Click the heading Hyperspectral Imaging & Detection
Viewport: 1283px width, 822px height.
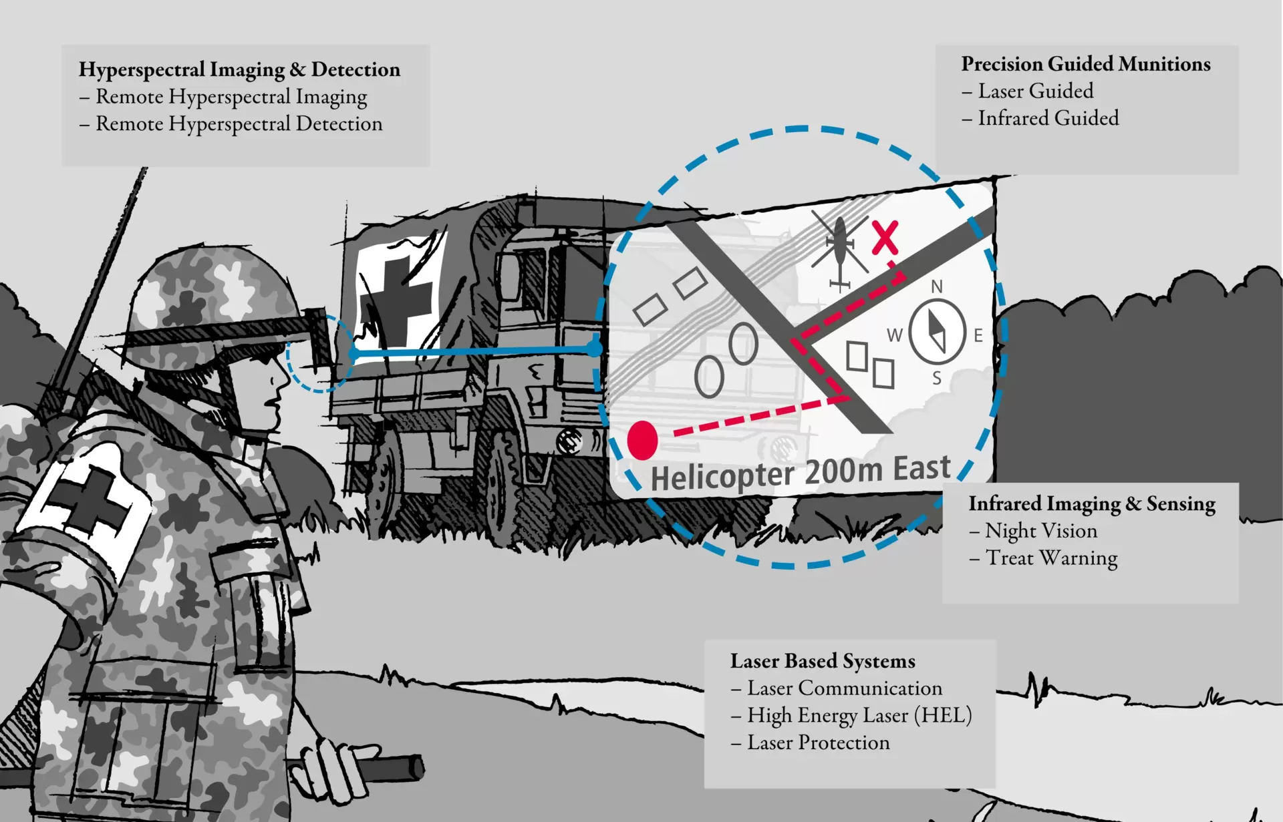click(239, 69)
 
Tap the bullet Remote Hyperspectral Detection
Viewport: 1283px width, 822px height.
click(239, 124)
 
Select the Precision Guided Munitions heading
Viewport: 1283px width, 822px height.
click(1085, 64)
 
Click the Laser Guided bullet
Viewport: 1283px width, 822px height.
click(1036, 91)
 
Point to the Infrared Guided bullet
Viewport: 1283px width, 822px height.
click(1048, 119)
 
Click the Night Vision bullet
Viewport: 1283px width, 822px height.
click(1040, 531)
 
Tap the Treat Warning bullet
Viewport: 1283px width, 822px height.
click(1051, 558)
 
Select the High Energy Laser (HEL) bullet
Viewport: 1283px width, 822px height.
click(859, 716)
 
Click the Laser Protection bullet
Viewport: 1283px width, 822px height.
click(818, 743)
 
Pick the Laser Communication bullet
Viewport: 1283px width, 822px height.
click(844, 688)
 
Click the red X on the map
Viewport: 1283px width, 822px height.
click(885, 238)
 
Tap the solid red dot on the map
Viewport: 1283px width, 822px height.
click(643, 440)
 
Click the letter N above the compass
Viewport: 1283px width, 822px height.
click(937, 286)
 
